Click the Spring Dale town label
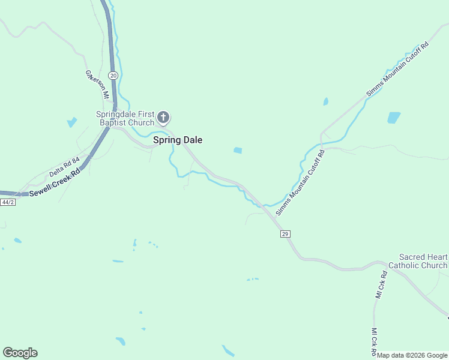point(178,140)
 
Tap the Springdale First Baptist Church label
point(125,119)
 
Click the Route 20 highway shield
point(114,75)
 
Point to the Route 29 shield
point(285,233)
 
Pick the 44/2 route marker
point(8,202)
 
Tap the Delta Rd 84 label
point(65,166)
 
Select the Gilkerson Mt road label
point(97,85)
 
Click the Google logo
point(20,353)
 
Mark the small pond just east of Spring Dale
point(238,150)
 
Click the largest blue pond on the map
point(394,118)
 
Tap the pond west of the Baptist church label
point(72,122)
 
